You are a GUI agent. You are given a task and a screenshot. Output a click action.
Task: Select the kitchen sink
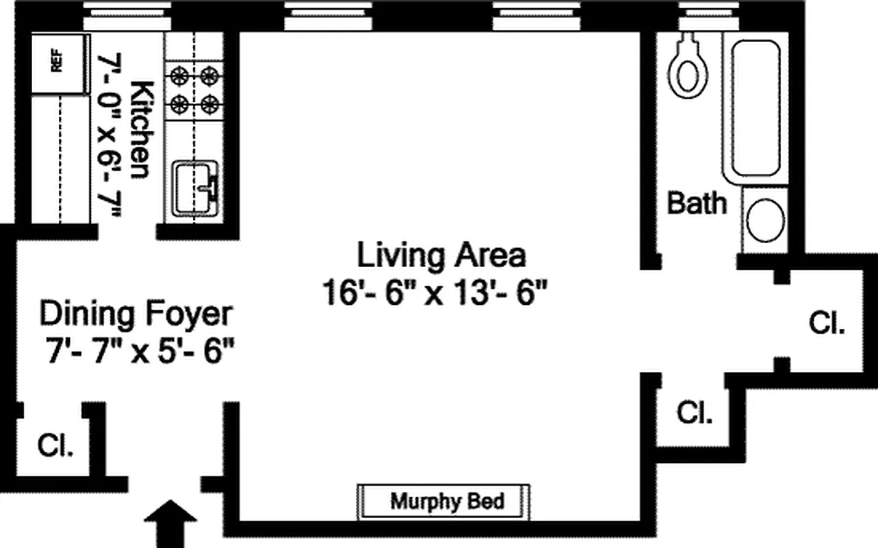coord(195,186)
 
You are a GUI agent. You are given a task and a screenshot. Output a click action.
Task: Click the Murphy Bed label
coord(446,501)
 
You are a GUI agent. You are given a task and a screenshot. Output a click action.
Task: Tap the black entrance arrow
coord(170,524)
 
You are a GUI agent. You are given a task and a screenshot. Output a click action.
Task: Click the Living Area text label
coord(441,256)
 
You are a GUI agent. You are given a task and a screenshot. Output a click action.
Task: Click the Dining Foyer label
coord(135,314)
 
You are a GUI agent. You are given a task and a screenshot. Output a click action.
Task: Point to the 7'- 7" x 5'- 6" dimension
coord(137,353)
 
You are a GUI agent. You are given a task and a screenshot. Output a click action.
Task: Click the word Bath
coord(696,203)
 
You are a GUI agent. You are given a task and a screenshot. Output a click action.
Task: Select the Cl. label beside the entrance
coord(55,447)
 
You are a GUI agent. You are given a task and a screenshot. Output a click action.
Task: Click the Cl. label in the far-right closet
coord(827,323)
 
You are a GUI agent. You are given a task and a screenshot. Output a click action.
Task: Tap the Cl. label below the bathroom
coord(694,413)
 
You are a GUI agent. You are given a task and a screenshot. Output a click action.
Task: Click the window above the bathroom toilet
coord(710,16)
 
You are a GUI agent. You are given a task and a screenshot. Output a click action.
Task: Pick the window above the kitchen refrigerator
coord(127,16)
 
